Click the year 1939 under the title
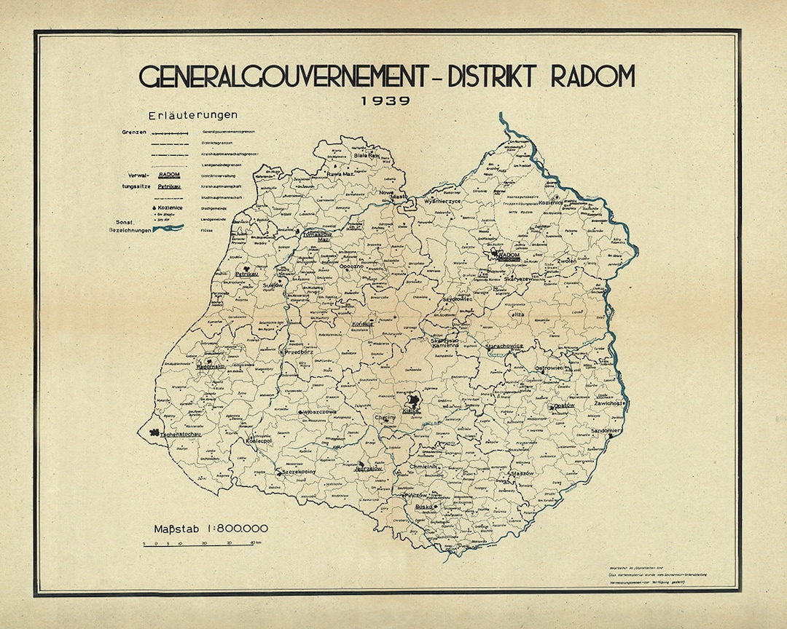[385, 101]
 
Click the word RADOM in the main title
[592, 76]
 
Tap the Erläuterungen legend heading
[192, 116]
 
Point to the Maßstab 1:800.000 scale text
[211, 528]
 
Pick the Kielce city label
[412, 411]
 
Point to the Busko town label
[423, 507]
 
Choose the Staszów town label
[523, 473]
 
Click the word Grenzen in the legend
[136, 133]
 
